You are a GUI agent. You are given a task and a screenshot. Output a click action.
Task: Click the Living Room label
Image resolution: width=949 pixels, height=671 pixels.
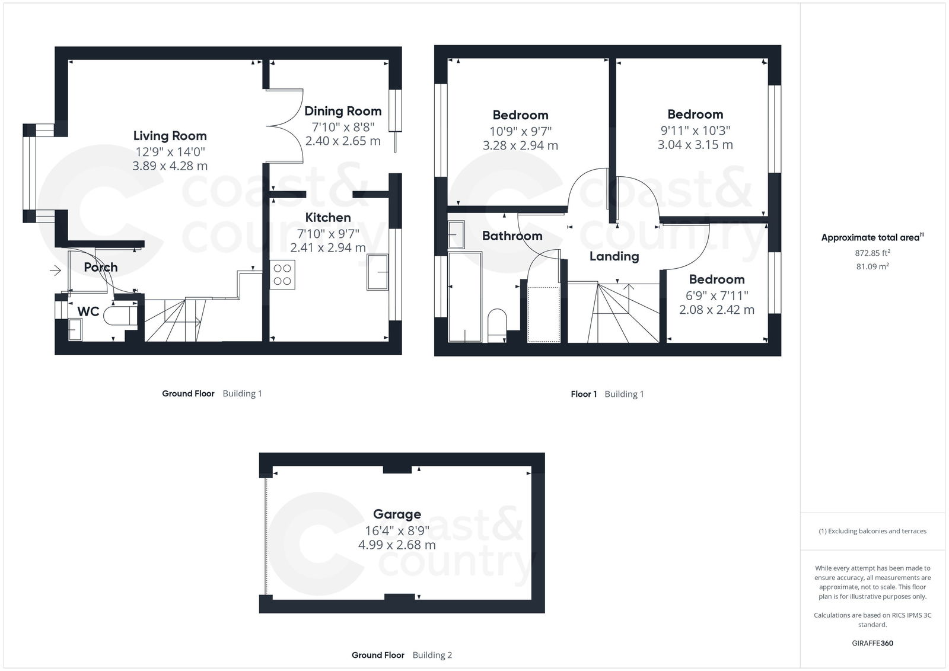(x=170, y=136)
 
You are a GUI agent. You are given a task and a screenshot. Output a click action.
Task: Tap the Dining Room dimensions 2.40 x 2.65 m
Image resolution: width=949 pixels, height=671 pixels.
(x=343, y=141)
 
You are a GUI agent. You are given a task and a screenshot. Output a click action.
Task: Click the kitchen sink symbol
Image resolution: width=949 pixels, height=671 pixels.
(x=377, y=272)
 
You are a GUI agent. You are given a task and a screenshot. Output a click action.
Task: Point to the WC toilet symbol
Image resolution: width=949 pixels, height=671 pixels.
(x=122, y=315)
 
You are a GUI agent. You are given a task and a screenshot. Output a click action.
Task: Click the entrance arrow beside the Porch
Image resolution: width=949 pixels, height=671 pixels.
(x=55, y=271)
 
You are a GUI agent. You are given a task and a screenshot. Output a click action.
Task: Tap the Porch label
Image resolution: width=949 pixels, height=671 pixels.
(x=100, y=268)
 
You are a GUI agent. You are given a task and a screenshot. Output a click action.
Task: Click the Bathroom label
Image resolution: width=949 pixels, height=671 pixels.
(x=512, y=236)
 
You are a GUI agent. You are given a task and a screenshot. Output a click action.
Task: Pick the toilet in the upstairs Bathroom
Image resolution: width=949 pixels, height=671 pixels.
(x=496, y=324)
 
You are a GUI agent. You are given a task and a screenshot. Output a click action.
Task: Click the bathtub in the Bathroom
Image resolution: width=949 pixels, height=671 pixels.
(x=465, y=297)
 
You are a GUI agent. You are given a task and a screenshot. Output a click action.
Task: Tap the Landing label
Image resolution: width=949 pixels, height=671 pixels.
(x=614, y=256)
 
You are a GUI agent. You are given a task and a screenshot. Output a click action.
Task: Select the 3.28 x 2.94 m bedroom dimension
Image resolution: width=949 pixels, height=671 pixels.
(x=520, y=146)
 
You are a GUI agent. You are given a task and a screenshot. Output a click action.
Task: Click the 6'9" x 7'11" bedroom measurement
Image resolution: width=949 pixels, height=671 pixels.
(x=716, y=295)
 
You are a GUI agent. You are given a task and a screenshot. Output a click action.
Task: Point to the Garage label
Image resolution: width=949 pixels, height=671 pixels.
(x=397, y=514)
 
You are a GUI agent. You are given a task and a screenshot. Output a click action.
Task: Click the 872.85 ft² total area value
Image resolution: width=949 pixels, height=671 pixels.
(x=872, y=252)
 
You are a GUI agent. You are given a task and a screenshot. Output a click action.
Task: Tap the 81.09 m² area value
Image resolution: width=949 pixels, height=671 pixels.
(x=872, y=266)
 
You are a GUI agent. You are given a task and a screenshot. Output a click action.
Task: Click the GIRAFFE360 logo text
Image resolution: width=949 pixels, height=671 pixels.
(x=872, y=643)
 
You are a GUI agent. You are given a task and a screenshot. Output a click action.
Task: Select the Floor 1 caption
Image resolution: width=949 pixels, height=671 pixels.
(x=584, y=394)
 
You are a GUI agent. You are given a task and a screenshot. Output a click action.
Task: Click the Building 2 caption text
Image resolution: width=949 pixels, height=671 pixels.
(x=432, y=655)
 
